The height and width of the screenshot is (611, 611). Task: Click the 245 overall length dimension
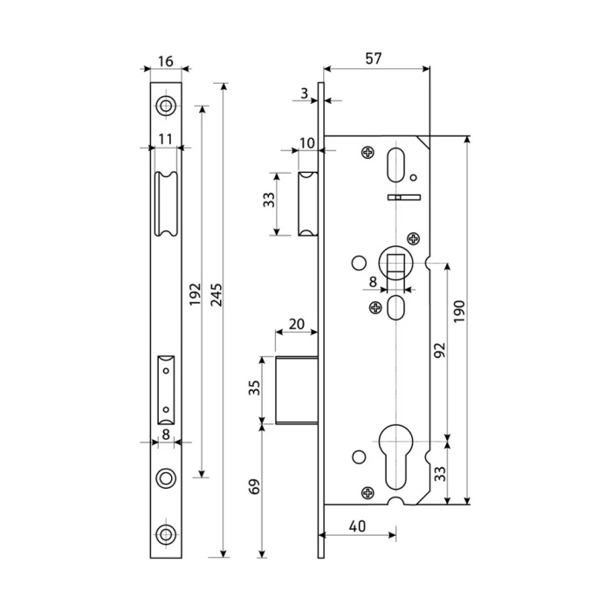click(x=216, y=295)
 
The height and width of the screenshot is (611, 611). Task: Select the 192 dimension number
click(x=196, y=294)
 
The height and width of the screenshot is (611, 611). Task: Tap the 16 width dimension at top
click(x=166, y=61)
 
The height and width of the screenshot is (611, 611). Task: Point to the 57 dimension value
click(x=374, y=58)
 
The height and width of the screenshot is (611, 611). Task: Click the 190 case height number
click(x=460, y=312)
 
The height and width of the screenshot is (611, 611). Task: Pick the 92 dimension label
click(x=439, y=351)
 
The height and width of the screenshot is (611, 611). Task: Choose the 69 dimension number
click(x=254, y=486)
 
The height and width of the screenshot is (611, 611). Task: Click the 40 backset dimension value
click(x=357, y=526)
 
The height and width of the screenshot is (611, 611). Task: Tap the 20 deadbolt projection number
click(x=297, y=324)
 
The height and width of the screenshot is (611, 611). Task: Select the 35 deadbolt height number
click(x=254, y=388)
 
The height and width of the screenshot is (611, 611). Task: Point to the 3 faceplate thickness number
click(x=305, y=93)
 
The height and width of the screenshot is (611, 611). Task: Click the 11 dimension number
click(x=165, y=139)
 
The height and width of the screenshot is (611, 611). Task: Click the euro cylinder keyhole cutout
click(x=395, y=456)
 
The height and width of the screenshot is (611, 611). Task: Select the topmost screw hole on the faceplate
click(x=166, y=106)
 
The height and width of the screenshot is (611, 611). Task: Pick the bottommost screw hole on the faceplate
click(x=166, y=534)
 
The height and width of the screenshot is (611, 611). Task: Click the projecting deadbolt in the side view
click(x=297, y=389)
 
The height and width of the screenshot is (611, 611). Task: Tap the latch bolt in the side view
click(x=308, y=203)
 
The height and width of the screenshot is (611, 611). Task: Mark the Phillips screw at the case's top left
click(x=367, y=153)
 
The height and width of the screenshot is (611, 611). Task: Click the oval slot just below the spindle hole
click(x=395, y=308)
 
